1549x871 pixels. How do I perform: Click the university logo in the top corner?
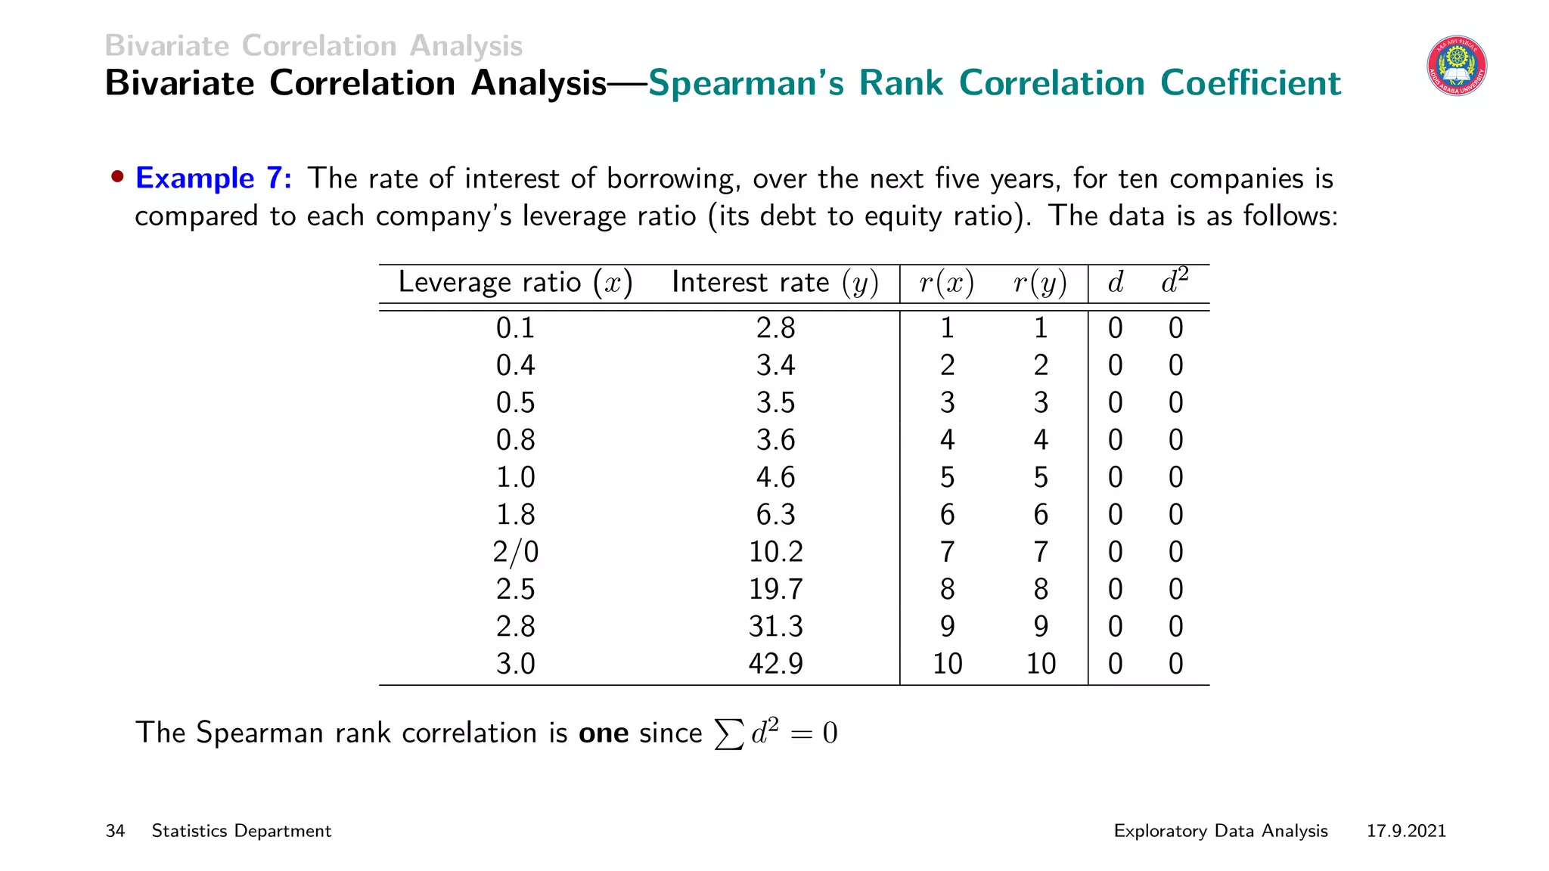point(1457,67)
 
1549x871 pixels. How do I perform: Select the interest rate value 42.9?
point(775,664)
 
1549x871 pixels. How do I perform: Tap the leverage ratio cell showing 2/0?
point(515,552)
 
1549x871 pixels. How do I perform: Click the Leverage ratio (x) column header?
point(515,283)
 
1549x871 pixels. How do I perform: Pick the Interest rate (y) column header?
point(774,283)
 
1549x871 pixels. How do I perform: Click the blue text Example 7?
point(213,178)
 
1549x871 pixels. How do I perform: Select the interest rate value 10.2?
point(775,552)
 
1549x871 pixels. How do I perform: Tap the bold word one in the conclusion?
point(603,733)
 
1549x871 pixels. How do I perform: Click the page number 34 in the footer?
point(115,831)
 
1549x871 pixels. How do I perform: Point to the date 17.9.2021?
point(1405,831)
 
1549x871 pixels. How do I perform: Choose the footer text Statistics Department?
point(241,831)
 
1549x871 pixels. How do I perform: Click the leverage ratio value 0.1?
point(515,328)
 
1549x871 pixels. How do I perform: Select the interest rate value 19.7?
point(775,589)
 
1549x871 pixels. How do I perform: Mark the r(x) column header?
point(946,283)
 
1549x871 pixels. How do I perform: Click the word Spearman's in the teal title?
point(745,83)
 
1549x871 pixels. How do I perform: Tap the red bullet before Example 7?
point(117,178)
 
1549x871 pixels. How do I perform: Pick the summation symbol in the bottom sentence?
point(728,733)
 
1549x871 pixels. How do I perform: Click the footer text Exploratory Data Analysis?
point(1220,831)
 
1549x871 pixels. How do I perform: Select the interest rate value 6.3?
point(775,515)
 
